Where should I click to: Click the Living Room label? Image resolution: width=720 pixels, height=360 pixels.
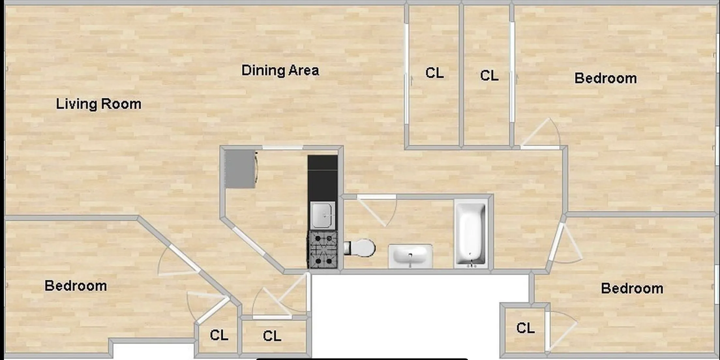coord(98,104)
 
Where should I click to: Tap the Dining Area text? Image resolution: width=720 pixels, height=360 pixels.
coord(280,70)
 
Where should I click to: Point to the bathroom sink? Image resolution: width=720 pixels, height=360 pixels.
coord(410,256)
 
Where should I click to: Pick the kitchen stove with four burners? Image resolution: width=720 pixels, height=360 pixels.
coord(323,249)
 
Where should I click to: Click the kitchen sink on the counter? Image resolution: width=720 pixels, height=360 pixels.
coord(322,215)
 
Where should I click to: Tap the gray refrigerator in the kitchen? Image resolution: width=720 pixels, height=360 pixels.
coord(240,169)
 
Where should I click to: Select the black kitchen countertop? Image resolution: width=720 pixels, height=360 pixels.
coord(322,178)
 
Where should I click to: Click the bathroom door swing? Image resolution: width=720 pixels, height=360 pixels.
coord(378,210)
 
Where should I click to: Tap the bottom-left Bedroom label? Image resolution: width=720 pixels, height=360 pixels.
coord(76,286)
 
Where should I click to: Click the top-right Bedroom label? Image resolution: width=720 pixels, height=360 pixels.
coord(605,78)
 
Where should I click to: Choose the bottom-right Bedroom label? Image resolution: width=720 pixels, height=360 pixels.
coord(632,289)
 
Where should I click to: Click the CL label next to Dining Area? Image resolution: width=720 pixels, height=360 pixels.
coord(434,73)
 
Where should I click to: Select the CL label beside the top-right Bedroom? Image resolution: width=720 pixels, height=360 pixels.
coord(489,76)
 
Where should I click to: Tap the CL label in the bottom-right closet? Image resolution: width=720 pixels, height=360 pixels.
coord(525,328)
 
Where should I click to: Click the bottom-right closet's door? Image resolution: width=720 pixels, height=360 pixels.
coord(561,331)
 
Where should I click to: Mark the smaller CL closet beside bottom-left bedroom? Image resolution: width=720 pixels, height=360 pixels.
coord(219,335)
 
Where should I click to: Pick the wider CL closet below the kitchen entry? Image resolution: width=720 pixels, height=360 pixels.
coord(272,336)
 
